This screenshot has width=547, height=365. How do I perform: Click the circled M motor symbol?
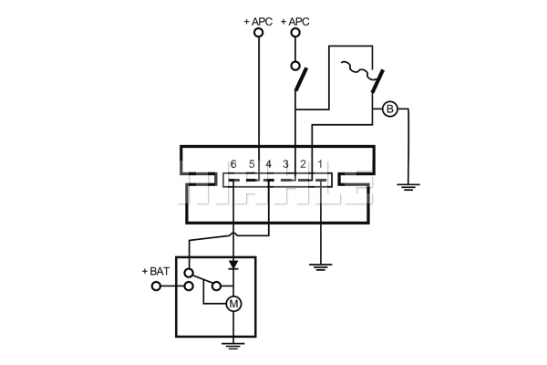point(233,304)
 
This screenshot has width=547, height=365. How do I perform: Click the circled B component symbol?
point(389,109)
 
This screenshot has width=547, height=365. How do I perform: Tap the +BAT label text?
point(156,271)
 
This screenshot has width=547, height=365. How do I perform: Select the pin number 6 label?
point(233,164)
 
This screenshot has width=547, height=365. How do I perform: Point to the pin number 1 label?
point(320,164)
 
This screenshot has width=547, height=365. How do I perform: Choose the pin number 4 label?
point(268,164)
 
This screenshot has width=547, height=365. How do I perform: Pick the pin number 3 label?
point(285,164)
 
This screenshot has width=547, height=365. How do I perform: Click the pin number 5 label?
point(252,164)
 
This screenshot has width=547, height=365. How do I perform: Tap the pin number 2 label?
point(303,164)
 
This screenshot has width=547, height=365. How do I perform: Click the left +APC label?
point(258,22)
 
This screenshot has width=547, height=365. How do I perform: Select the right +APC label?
point(294,22)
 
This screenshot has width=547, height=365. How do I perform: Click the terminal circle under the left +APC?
point(259,33)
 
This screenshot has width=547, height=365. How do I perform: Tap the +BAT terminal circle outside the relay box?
point(156,287)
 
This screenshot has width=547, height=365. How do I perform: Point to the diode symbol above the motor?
point(233,265)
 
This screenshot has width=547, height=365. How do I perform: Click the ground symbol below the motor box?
point(233,346)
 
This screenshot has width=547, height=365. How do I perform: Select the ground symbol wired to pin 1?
point(320,267)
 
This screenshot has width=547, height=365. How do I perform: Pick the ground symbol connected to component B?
point(408,187)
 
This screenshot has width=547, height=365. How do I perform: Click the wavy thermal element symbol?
point(356,68)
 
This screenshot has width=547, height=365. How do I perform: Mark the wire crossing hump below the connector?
point(233,235)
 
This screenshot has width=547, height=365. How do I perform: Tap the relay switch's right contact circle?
point(216,287)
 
